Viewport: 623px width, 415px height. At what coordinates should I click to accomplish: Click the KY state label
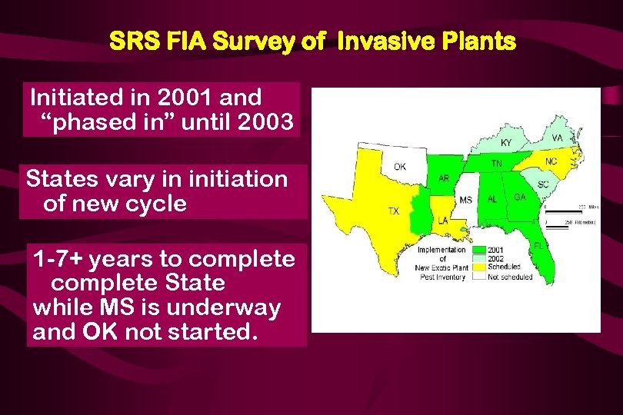pyautogui.click(x=505, y=143)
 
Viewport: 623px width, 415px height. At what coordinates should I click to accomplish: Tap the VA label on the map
pyautogui.click(x=558, y=138)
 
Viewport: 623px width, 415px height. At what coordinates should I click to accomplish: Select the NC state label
pyautogui.click(x=551, y=161)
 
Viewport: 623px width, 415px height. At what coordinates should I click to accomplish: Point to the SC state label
pyautogui.click(x=542, y=185)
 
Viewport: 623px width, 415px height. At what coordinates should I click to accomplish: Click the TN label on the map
pyautogui.click(x=497, y=164)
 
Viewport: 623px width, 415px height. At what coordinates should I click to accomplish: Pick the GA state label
pyautogui.click(x=520, y=198)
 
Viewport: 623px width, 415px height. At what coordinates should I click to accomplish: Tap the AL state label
pyautogui.click(x=492, y=198)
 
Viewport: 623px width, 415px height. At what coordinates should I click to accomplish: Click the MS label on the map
pyautogui.click(x=465, y=200)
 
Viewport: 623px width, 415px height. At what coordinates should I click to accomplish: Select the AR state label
pyautogui.click(x=444, y=178)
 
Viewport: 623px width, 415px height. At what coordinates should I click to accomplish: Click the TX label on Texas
pyautogui.click(x=393, y=211)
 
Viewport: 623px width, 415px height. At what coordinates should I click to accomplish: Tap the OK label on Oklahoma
pyautogui.click(x=400, y=166)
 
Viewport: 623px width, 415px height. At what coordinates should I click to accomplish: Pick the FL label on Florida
pyautogui.click(x=539, y=245)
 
